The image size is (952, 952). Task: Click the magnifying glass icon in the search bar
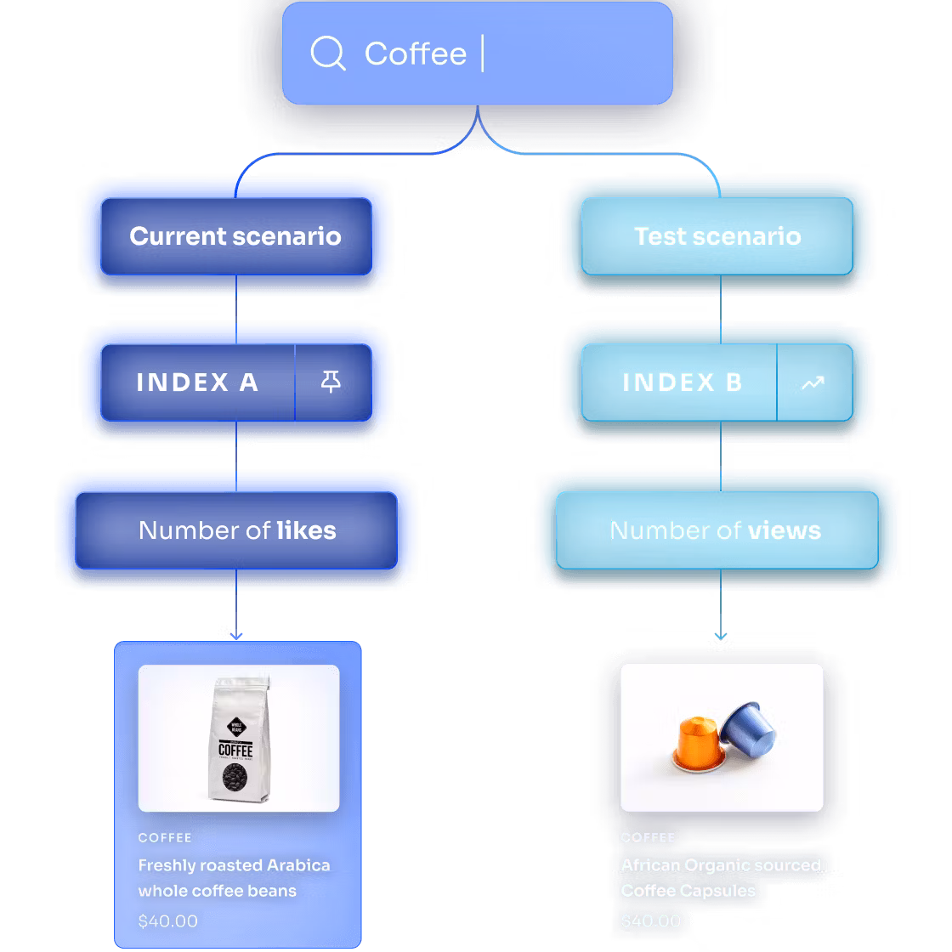click(x=327, y=54)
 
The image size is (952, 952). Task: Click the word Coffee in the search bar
click(x=415, y=54)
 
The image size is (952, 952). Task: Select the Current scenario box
click(x=235, y=236)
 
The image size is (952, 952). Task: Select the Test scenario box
click(x=717, y=236)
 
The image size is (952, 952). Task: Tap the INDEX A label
click(x=197, y=382)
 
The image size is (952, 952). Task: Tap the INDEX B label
click(x=682, y=382)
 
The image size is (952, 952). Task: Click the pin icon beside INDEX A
click(x=331, y=382)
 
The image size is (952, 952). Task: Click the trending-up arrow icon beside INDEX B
click(x=813, y=383)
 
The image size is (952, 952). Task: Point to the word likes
click(x=306, y=530)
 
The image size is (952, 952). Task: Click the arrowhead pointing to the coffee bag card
click(x=236, y=634)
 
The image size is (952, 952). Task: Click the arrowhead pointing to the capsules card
click(x=721, y=634)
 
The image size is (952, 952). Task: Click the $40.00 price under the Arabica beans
click(x=167, y=921)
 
